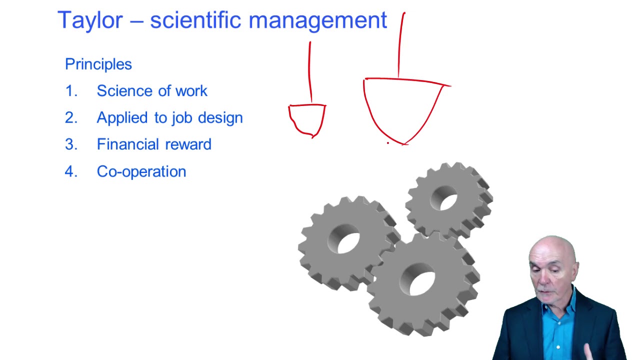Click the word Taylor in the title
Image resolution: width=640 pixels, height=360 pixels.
click(x=90, y=20)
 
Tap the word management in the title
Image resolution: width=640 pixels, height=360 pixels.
click(x=317, y=21)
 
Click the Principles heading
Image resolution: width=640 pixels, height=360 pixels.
click(x=98, y=64)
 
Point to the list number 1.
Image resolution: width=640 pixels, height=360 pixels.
click(x=71, y=91)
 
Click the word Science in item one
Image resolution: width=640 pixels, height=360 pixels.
click(x=122, y=91)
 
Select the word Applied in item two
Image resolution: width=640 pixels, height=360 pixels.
click(x=122, y=118)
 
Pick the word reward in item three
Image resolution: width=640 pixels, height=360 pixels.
click(x=189, y=144)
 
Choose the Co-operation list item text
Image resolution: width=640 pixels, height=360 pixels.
click(x=141, y=171)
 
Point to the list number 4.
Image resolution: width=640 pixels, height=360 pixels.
click(x=71, y=171)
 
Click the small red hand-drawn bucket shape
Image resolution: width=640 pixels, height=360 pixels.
click(x=307, y=119)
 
